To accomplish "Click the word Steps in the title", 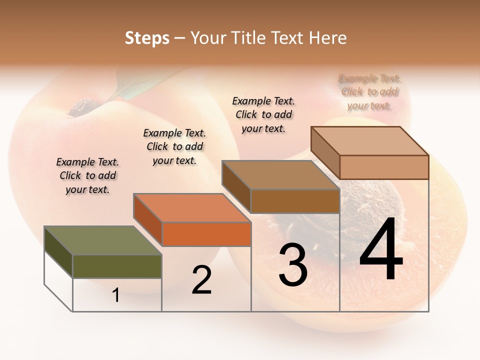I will [x=147, y=38].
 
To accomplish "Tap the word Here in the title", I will [x=327, y=38].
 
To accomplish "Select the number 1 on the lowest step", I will [x=116, y=295].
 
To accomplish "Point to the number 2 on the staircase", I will [x=201, y=280].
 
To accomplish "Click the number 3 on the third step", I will [x=293, y=264].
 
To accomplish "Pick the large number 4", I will [x=381, y=250].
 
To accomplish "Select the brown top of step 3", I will [x=280, y=175].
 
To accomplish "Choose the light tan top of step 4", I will [x=369, y=141].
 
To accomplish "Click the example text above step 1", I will [x=87, y=175].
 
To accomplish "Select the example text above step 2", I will [x=174, y=146].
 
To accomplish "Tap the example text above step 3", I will [x=263, y=114].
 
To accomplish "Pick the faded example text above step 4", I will [x=369, y=91].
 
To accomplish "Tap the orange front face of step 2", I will [x=206, y=234].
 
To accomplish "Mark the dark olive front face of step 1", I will [x=117, y=266].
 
